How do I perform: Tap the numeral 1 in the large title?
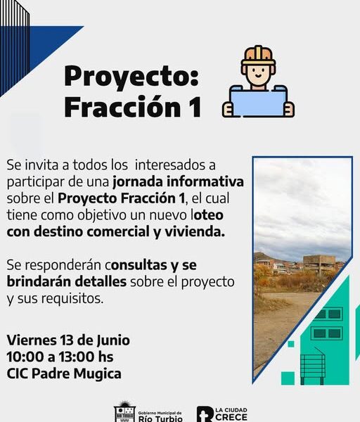(x=196, y=107)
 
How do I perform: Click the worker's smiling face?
(x=258, y=73)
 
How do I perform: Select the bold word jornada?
(x=138, y=182)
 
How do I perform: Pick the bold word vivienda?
(x=195, y=231)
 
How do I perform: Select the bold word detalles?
(x=101, y=282)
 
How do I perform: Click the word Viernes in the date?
(x=32, y=340)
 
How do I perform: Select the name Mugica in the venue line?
(x=98, y=374)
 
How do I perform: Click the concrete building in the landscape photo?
(x=319, y=264)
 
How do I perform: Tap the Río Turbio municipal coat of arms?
(x=124, y=412)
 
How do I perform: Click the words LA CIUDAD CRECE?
(x=231, y=414)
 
